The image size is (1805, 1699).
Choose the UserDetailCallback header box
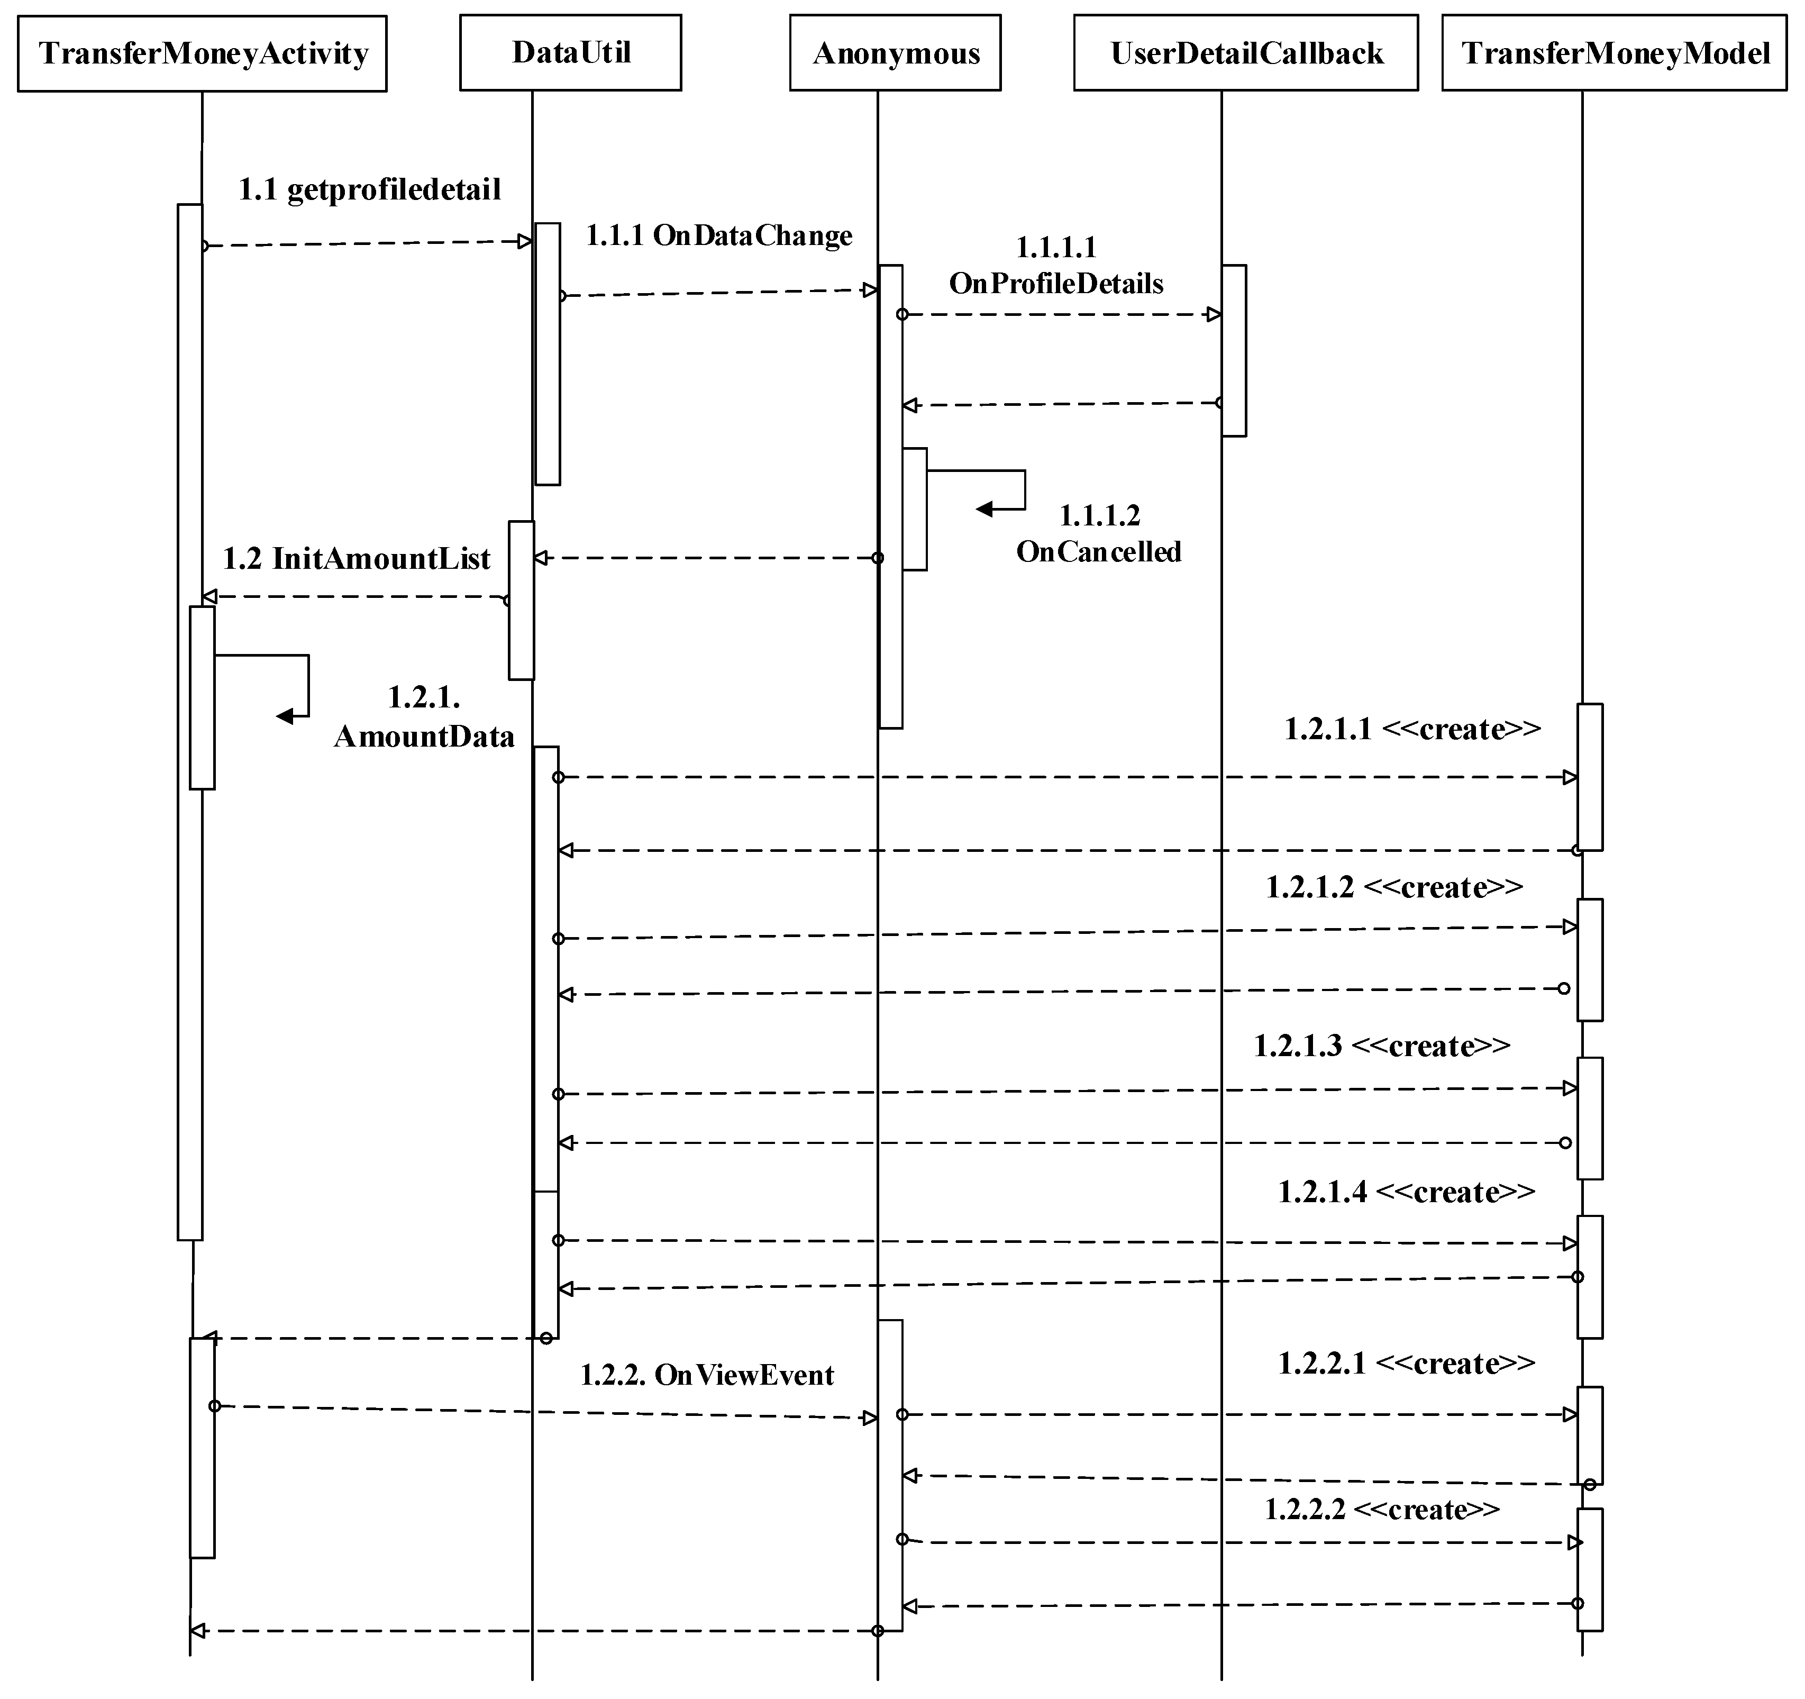pos(1246,53)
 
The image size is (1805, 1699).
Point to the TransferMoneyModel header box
pos(1615,53)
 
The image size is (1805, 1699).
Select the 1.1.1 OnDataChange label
pos(718,236)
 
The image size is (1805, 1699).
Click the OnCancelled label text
pos(1099,551)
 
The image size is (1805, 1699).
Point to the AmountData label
pos(424,737)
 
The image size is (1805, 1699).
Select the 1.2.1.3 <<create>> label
pos(1382,1046)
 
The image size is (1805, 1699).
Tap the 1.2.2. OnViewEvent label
pos(706,1375)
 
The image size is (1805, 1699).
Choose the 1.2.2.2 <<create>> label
pos(1382,1509)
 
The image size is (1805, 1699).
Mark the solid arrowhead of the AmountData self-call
pos(285,716)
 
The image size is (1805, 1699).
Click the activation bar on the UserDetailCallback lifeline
pos(1233,350)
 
